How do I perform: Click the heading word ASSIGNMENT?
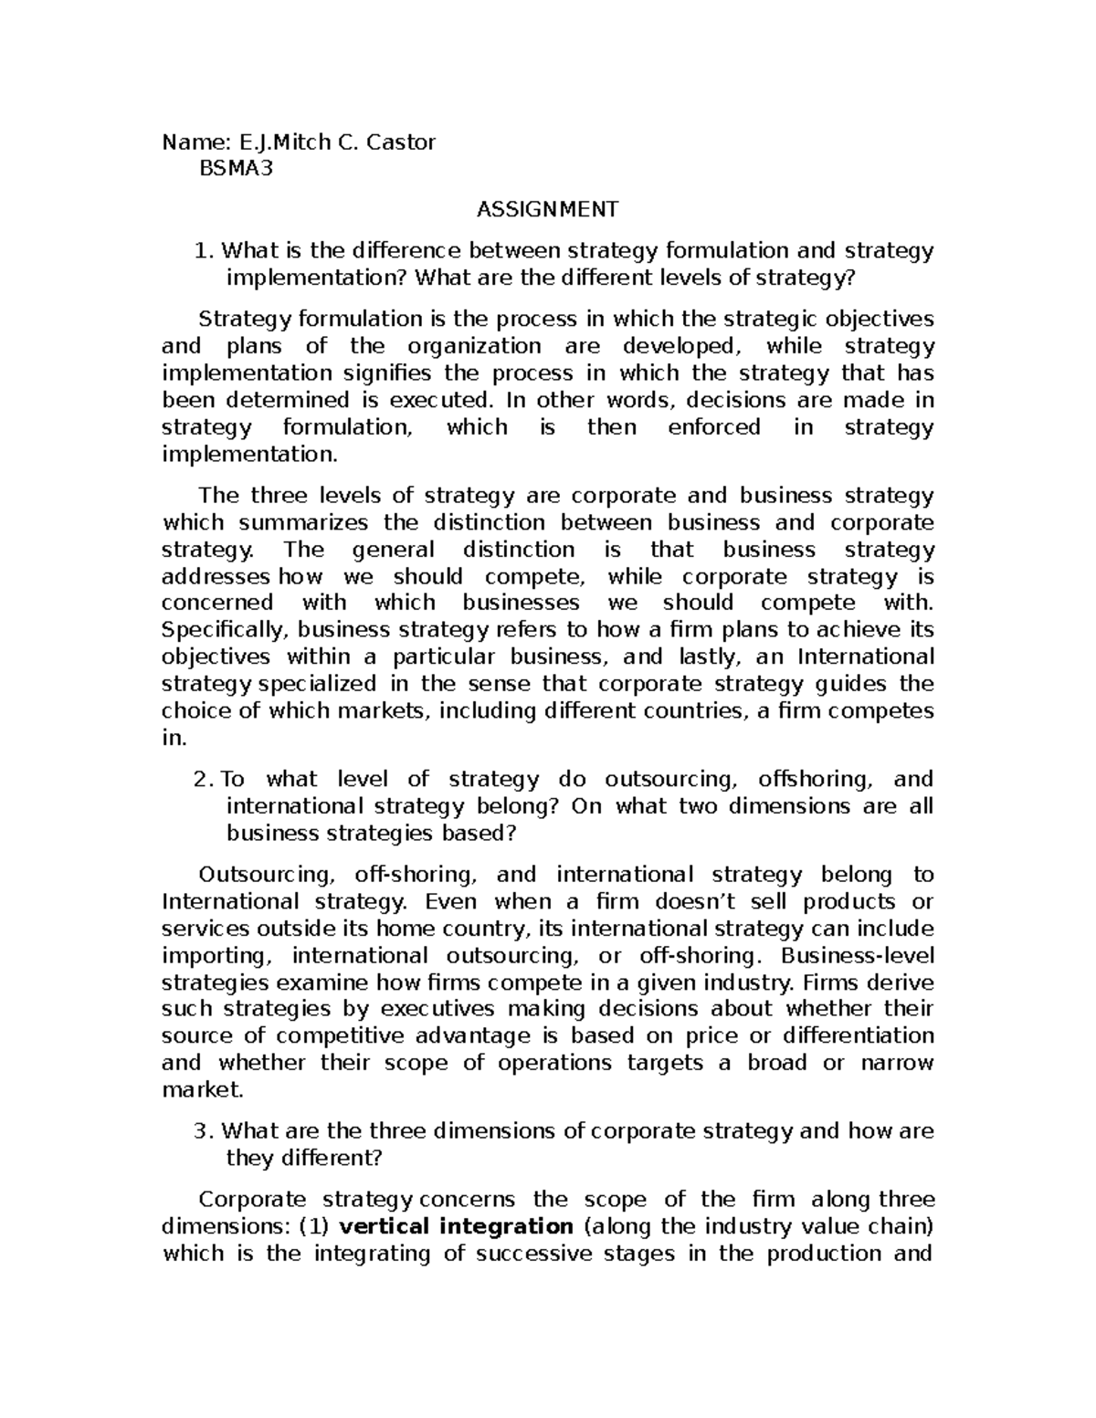547,210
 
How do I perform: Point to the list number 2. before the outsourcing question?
205,779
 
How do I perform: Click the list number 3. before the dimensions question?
205,1131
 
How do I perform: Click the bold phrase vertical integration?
455,1226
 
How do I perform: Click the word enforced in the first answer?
714,427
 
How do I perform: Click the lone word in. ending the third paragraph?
174,738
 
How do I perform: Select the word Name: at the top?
195,142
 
